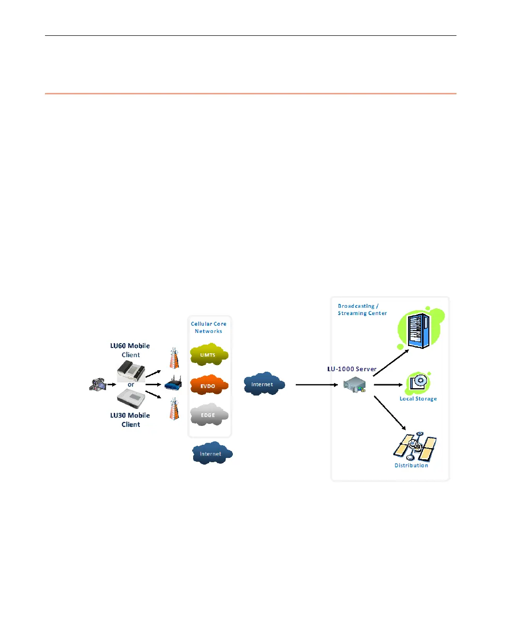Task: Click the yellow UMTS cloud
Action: (x=209, y=355)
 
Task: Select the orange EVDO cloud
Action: (x=209, y=386)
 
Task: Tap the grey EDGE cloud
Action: (x=208, y=415)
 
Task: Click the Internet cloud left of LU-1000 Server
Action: (x=264, y=384)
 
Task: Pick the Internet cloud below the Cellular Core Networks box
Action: (x=212, y=453)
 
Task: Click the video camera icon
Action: (x=98, y=385)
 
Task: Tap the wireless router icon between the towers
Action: (x=173, y=384)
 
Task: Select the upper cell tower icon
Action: (x=174, y=359)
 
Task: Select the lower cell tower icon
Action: (x=174, y=409)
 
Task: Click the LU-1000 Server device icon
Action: (x=354, y=385)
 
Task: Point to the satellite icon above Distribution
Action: (x=414, y=447)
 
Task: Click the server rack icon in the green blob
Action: (x=419, y=331)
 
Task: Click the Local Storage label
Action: (x=418, y=399)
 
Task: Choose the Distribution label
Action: (x=411, y=466)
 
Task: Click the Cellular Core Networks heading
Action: (x=209, y=328)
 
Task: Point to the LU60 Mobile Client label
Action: (x=130, y=350)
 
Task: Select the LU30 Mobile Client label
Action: (x=130, y=420)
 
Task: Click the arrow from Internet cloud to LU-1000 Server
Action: (x=317, y=385)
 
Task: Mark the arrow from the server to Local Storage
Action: (x=388, y=385)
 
